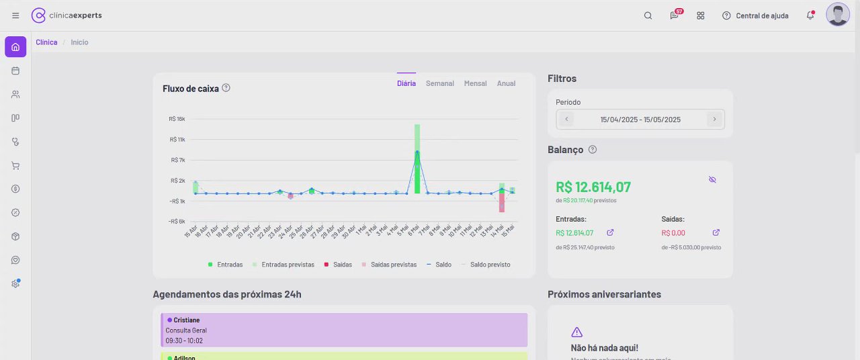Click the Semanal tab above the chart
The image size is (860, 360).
[x=439, y=83]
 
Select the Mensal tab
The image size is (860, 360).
[x=475, y=83]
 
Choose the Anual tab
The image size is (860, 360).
[x=506, y=83]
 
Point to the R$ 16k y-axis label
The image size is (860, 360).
[x=177, y=119]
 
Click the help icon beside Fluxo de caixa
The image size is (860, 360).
[x=226, y=87]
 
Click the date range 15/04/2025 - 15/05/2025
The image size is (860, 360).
[x=640, y=120]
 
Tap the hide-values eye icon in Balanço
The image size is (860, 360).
[x=712, y=179]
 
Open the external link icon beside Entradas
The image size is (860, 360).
[x=610, y=232]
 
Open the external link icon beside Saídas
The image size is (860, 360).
[x=716, y=232]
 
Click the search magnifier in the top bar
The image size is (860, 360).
[x=648, y=15]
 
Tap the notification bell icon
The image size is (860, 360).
[x=810, y=15]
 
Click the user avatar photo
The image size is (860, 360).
[x=838, y=15]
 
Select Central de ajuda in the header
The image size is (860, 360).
[x=755, y=15]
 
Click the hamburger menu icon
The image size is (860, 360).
[x=15, y=15]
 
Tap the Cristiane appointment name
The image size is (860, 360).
[x=186, y=320]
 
